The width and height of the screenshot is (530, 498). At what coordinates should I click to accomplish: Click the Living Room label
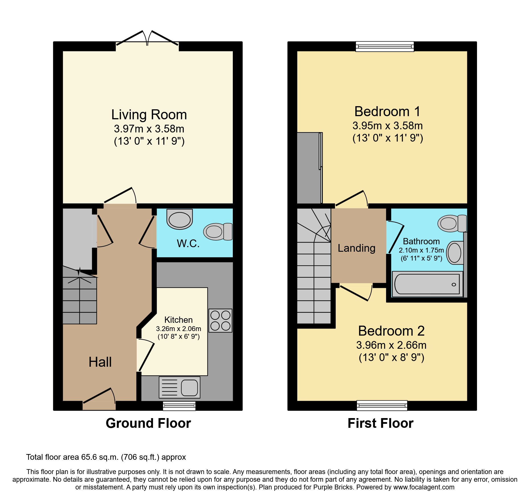pyautogui.click(x=149, y=115)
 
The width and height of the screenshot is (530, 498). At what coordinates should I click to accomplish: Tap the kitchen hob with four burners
pyautogui.click(x=220, y=320)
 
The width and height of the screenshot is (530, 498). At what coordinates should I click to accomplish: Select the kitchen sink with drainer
pyautogui.click(x=180, y=387)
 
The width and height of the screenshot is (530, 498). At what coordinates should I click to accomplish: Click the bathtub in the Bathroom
pyautogui.click(x=427, y=284)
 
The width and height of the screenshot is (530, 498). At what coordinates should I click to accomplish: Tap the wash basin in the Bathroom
pyautogui.click(x=455, y=253)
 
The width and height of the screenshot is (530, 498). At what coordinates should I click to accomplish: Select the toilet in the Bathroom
pyautogui.click(x=452, y=223)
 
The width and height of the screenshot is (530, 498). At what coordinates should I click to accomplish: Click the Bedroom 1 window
pyautogui.click(x=385, y=46)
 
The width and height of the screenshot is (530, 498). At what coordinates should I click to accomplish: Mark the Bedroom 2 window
pyautogui.click(x=382, y=405)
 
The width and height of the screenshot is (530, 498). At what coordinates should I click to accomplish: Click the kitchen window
pyautogui.click(x=179, y=406)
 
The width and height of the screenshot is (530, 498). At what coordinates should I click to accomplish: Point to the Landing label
pyautogui.click(x=356, y=248)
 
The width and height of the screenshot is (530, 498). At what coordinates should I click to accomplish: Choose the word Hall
pyautogui.click(x=100, y=362)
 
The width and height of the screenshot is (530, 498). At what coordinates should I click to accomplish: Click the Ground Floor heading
pyautogui.click(x=148, y=423)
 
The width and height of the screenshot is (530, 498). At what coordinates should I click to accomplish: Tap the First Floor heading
pyautogui.click(x=380, y=423)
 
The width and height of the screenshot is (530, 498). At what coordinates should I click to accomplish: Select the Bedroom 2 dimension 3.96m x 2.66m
pyautogui.click(x=391, y=345)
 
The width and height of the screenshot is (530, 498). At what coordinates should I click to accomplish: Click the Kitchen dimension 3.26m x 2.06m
pyautogui.click(x=179, y=329)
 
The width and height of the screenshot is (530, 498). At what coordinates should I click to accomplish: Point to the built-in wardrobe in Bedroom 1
pyautogui.click(x=310, y=168)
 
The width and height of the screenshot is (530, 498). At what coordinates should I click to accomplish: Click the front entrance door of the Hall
pyautogui.click(x=99, y=399)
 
